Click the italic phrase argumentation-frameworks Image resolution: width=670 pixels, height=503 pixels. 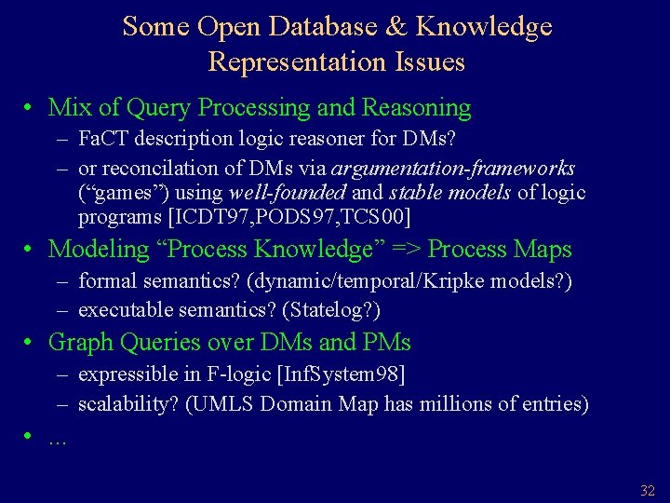coord(452,169)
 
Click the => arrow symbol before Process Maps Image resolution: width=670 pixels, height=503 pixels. coord(404,250)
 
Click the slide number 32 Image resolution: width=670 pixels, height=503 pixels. coord(648,490)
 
